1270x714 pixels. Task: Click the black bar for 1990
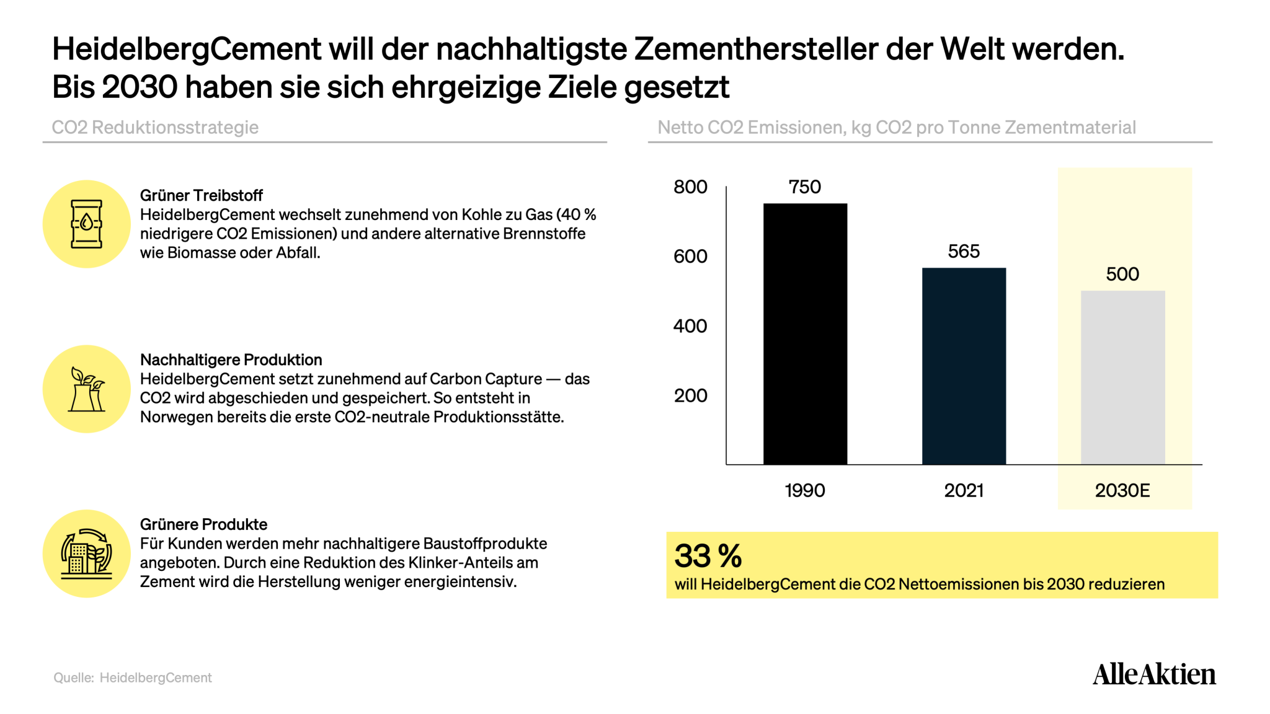click(805, 333)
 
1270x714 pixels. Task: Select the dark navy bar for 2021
click(964, 366)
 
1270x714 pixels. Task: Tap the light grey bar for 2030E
click(1122, 377)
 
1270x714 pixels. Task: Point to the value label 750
click(805, 187)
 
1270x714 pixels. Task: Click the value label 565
click(964, 251)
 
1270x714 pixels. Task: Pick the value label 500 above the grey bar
click(1122, 274)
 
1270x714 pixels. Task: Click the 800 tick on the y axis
click(690, 187)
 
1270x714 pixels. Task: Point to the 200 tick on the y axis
click(690, 395)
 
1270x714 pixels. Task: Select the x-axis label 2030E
click(1122, 490)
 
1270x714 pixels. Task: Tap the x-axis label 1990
click(805, 490)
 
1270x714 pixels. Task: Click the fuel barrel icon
click(86, 224)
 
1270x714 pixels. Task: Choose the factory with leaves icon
click(87, 389)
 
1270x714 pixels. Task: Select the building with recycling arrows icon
click(87, 553)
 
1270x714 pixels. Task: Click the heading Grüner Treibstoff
click(202, 195)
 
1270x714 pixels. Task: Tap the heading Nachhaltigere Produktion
click(231, 359)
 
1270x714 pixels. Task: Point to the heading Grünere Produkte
click(203, 524)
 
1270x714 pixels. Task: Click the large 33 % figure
click(708, 555)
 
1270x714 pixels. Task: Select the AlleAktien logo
click(1154, 674)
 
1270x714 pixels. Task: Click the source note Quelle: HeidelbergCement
click(133, 677)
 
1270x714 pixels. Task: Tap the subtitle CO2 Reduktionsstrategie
click(155, 127)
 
